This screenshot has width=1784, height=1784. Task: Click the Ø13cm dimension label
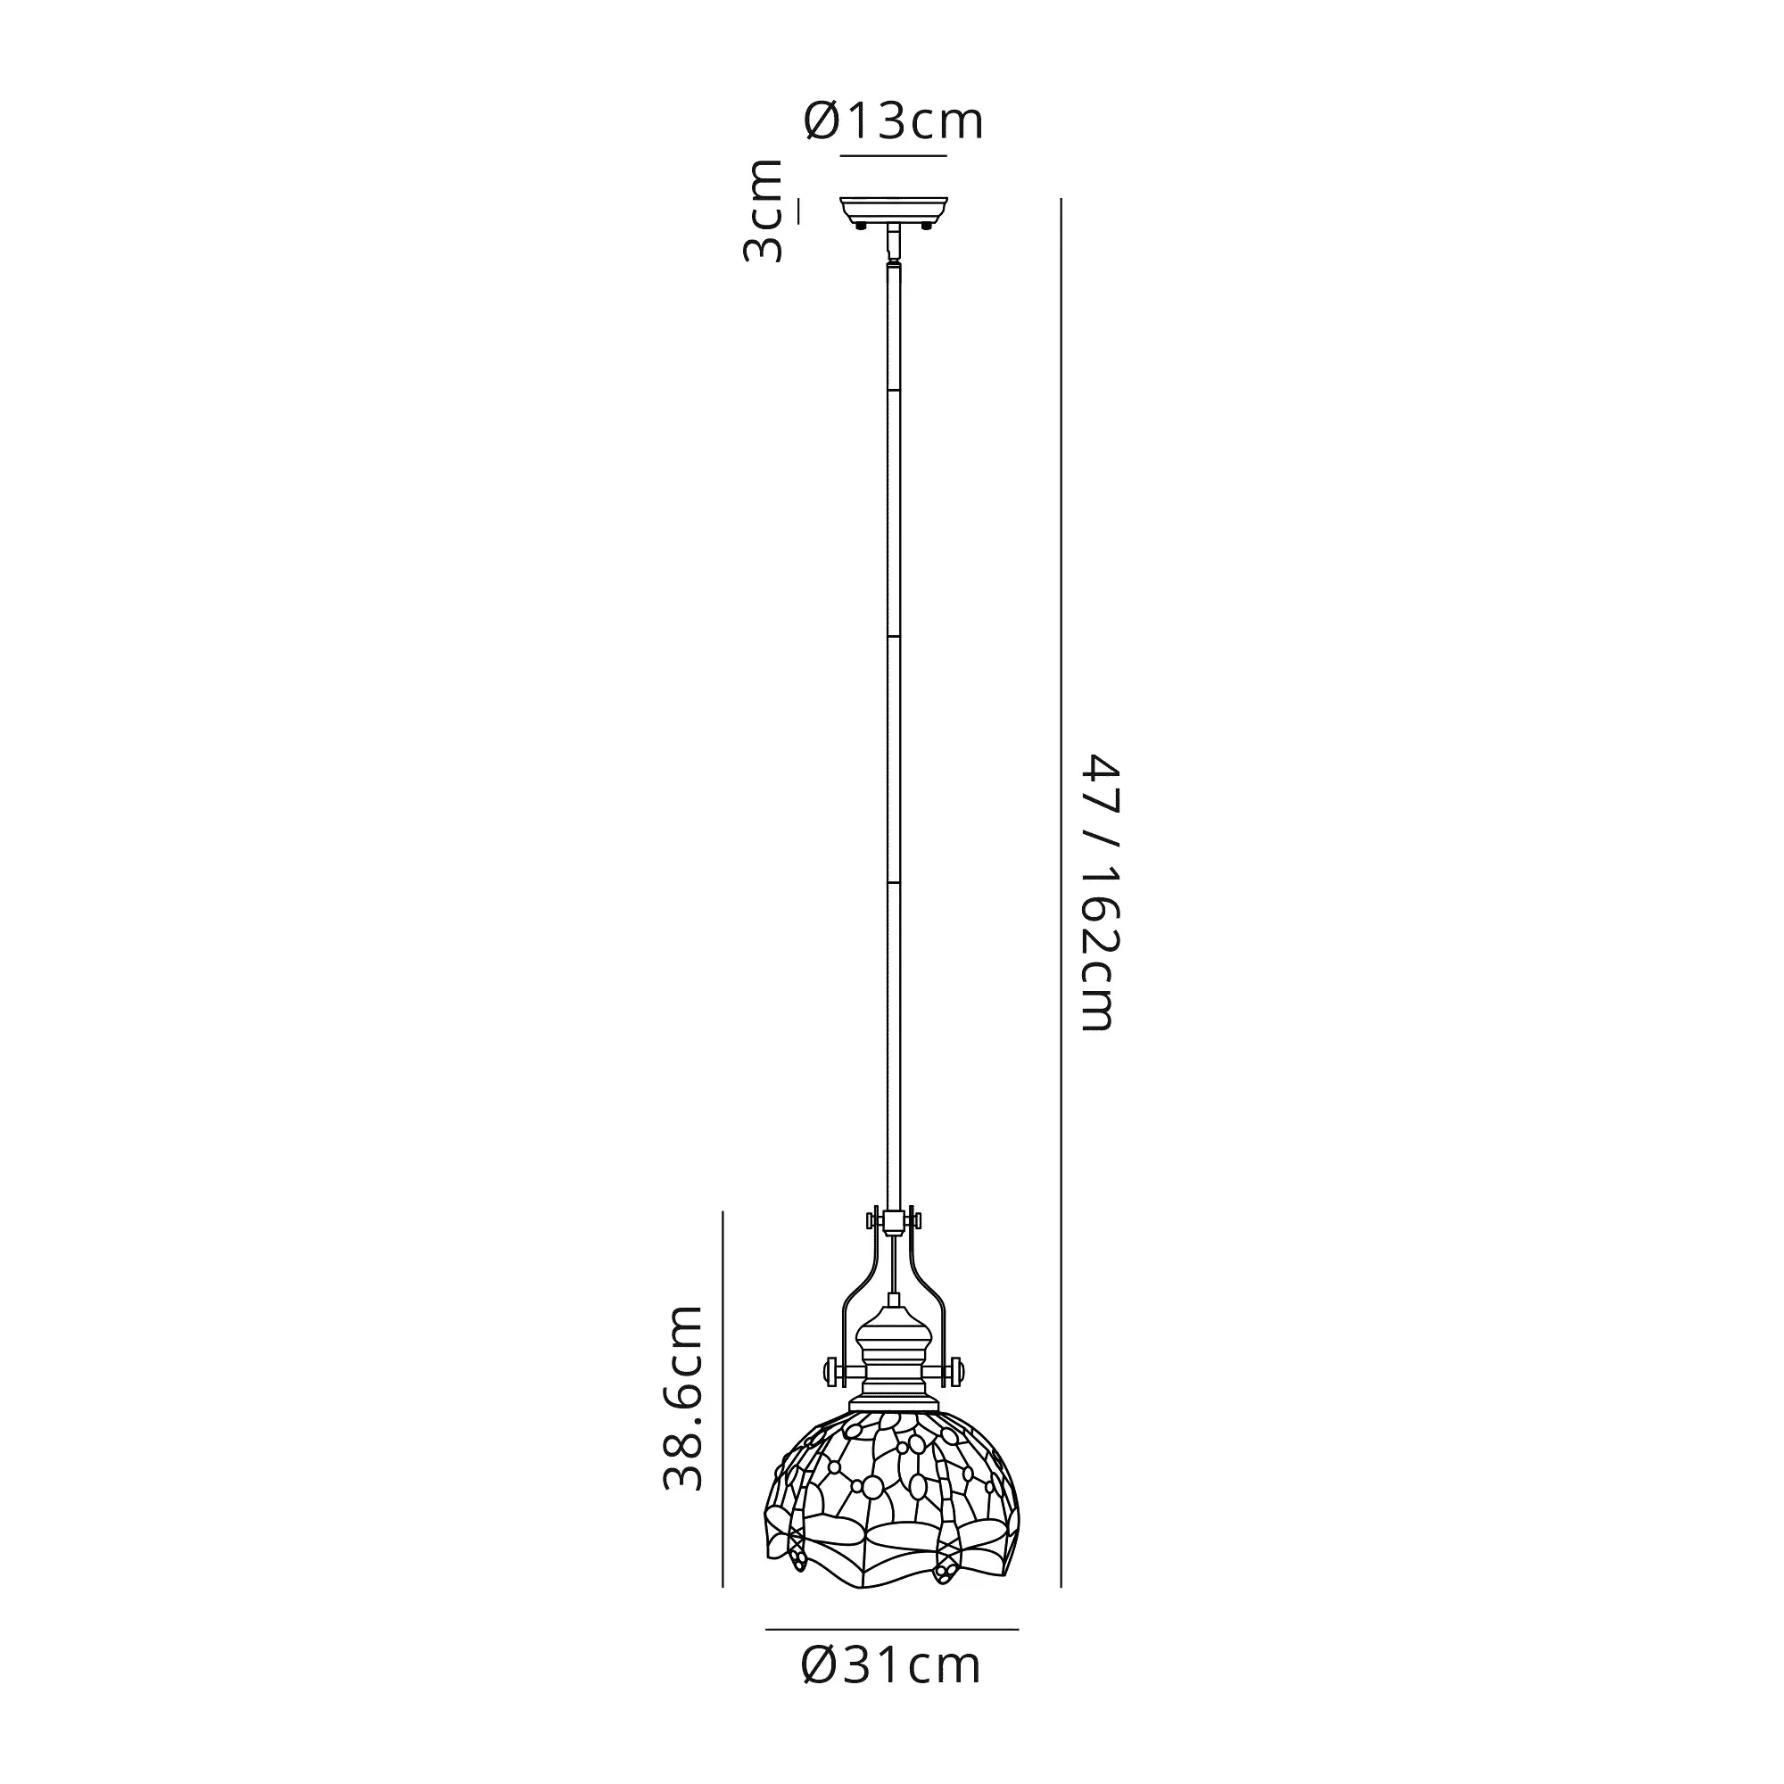894,121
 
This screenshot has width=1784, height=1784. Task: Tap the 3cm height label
764,211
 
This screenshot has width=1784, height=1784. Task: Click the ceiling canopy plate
893,210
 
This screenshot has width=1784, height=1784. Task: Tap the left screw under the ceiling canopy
862,226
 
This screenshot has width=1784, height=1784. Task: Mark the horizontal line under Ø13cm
893,155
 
